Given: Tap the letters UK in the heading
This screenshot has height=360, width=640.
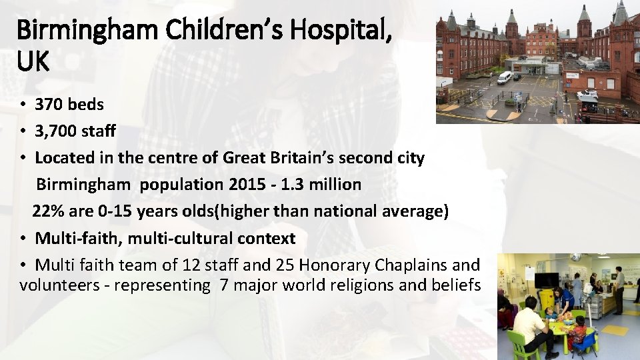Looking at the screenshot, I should coord(33,61).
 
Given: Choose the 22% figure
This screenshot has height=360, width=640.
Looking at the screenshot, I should coord(47,211).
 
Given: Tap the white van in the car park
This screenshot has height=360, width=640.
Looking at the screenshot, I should coord(505,77).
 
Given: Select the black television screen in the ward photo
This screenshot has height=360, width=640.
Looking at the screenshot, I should coord(547,280).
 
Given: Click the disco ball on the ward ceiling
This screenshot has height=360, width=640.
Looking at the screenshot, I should coord(575,257).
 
